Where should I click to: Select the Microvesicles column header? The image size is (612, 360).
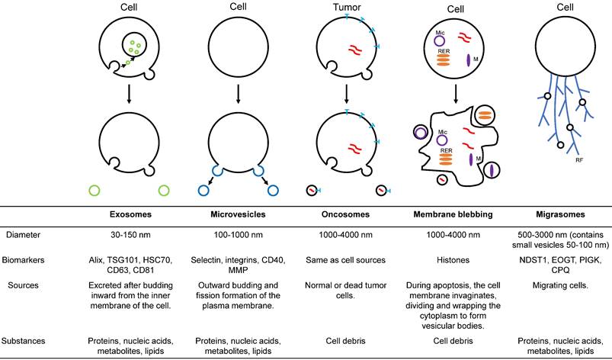pyautogui.click(x=239, y=217)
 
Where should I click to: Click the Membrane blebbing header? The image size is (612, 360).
pyautogui.click(x=456, y=217)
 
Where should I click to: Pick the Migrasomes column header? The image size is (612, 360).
pyautogui.click(x=565, y=217)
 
